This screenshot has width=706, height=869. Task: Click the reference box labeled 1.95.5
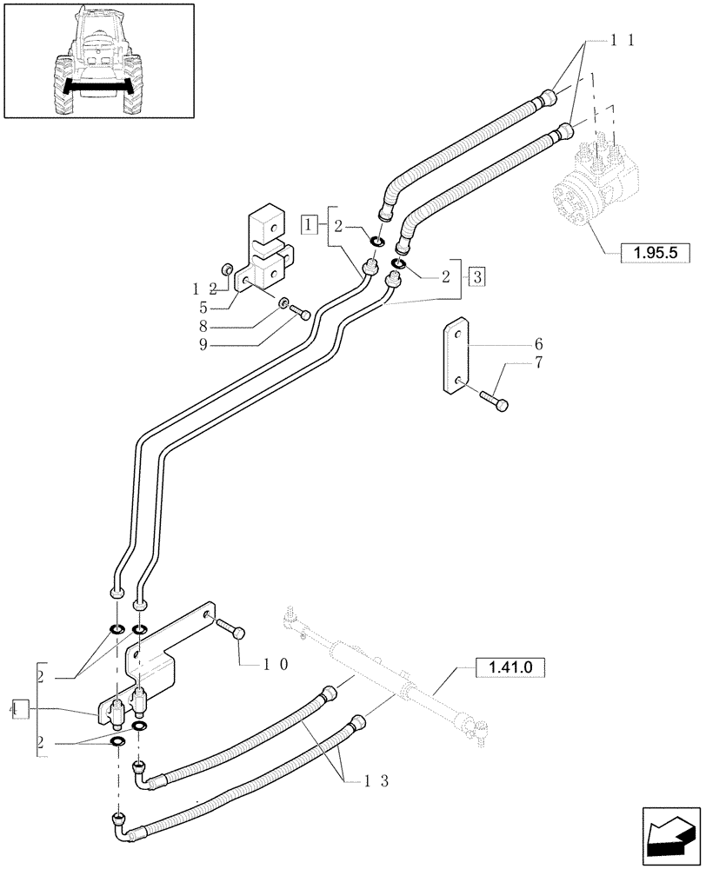(x=654, y=254)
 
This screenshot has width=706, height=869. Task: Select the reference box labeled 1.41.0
(x=510, y=667)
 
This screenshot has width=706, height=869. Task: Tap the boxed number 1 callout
(x=309, y=224)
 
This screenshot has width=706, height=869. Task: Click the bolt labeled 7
(x=494, y=399)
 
